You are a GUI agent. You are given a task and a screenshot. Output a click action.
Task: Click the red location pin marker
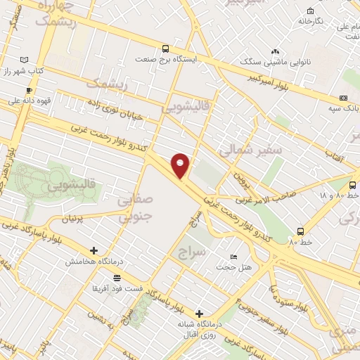click(181, 165)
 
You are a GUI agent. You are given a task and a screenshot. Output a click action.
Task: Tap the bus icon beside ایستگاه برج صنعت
click(165, 49)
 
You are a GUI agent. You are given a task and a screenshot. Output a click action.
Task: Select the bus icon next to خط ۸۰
click(301, 231)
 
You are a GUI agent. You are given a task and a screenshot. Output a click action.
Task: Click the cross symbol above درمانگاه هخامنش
click(94, 250)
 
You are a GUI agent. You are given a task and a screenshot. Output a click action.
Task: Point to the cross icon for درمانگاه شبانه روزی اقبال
click(200, 314)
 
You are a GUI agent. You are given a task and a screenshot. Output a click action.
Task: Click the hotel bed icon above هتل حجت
click(234, 257)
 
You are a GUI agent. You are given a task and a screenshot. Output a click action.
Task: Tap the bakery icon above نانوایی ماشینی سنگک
click(275, 51)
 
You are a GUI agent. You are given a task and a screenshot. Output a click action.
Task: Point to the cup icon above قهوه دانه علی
click(29, 90)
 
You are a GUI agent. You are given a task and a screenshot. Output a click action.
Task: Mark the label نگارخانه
click(310, 21)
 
